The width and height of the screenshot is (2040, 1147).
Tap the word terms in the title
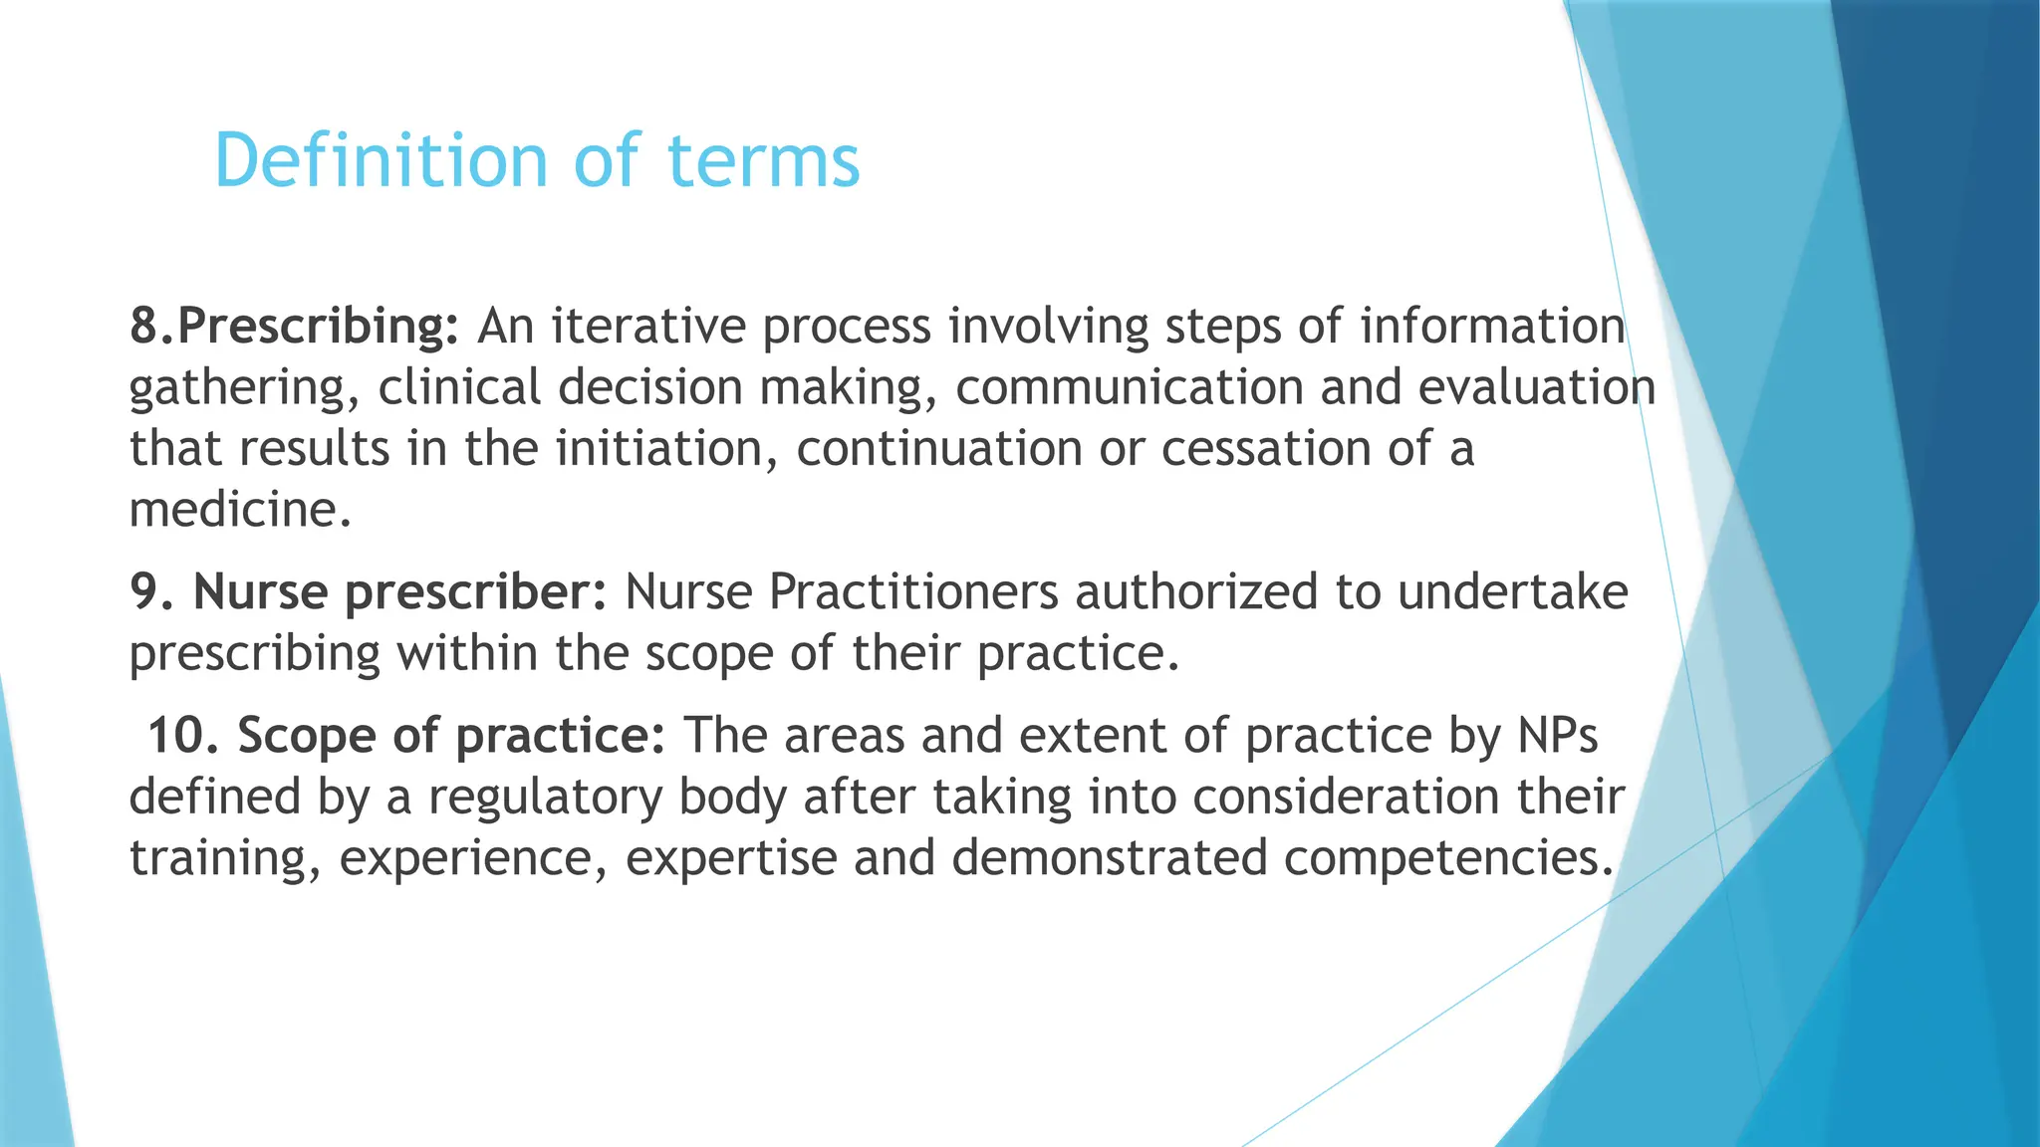pyautogui.click(x=762, y=160)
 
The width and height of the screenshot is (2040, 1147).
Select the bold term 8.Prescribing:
pyautogui.click(x=294, y=327)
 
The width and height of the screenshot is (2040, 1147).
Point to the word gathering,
pyautogui.click(x=244, y=388)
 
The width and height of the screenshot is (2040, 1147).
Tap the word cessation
pyautogui.click(x=1265, y=449)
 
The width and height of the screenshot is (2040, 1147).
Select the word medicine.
pyautogui.click(x=240, y=511)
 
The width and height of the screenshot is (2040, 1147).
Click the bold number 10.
pyautogui.click(x=183, y=737)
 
